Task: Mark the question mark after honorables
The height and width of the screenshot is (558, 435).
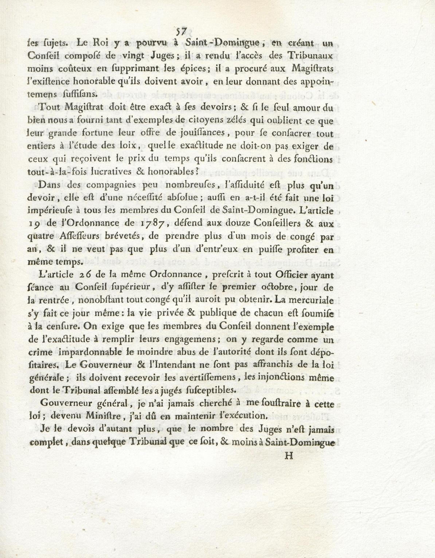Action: point(197,171)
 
